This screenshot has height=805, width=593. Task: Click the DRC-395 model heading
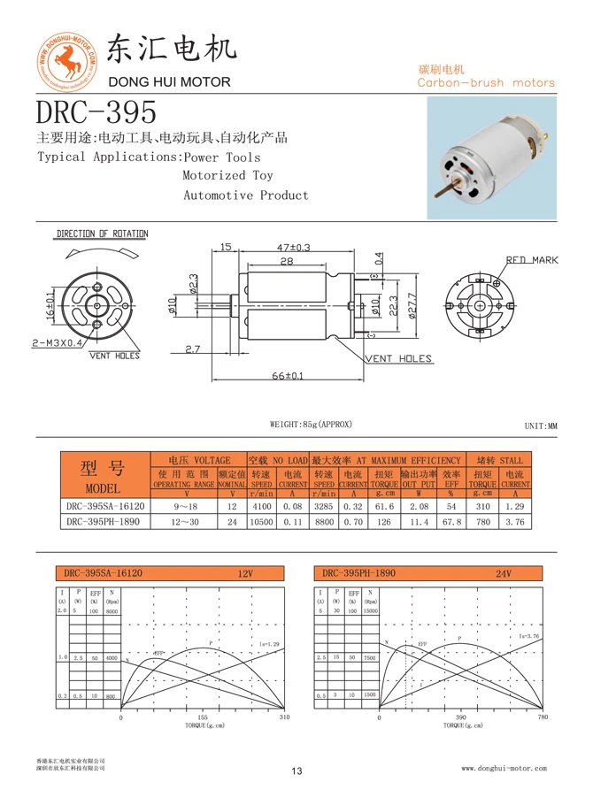coord(96,112)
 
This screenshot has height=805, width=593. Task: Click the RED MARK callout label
coord(532,260)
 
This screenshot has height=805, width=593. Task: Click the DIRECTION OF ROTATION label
coord(103,234)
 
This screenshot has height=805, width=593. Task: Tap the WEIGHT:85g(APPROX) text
coord(311,425)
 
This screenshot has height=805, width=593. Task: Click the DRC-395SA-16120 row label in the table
coord(104,507)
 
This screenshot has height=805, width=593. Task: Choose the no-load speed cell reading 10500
coord(261,522)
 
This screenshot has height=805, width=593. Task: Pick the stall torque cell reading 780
coord(482,522)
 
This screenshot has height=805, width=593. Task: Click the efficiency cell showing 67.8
coord(451,522)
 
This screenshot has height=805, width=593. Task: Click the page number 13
coord(296,772)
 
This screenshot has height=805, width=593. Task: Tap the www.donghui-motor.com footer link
coord(504,769)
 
